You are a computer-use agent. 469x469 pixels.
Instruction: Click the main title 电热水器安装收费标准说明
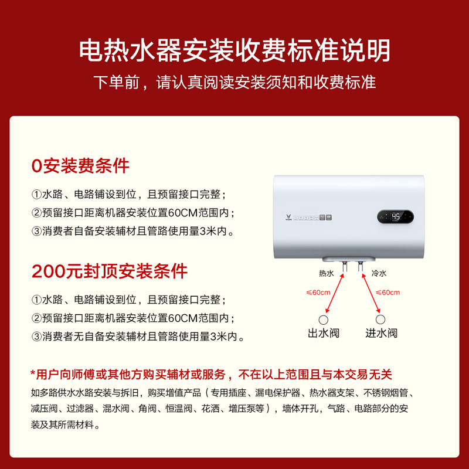235,51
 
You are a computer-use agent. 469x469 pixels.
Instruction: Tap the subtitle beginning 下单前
235,82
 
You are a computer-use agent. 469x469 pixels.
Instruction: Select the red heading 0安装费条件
80,166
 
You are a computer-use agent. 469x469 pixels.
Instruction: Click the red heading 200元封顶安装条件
110,271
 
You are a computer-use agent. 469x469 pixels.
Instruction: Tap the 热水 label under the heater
326,274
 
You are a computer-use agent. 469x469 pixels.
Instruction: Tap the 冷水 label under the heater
379,274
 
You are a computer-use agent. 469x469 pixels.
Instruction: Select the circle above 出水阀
323,320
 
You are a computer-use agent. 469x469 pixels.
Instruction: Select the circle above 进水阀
381,320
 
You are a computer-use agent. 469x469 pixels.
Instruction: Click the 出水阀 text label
324,334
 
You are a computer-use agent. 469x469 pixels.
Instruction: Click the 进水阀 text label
381,334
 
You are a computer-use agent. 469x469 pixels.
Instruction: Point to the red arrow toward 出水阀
335,296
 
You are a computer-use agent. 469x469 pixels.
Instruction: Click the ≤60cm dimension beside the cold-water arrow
388,292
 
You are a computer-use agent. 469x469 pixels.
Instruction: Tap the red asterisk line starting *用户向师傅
211,374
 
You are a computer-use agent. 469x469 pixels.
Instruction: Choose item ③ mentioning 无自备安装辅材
137,337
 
